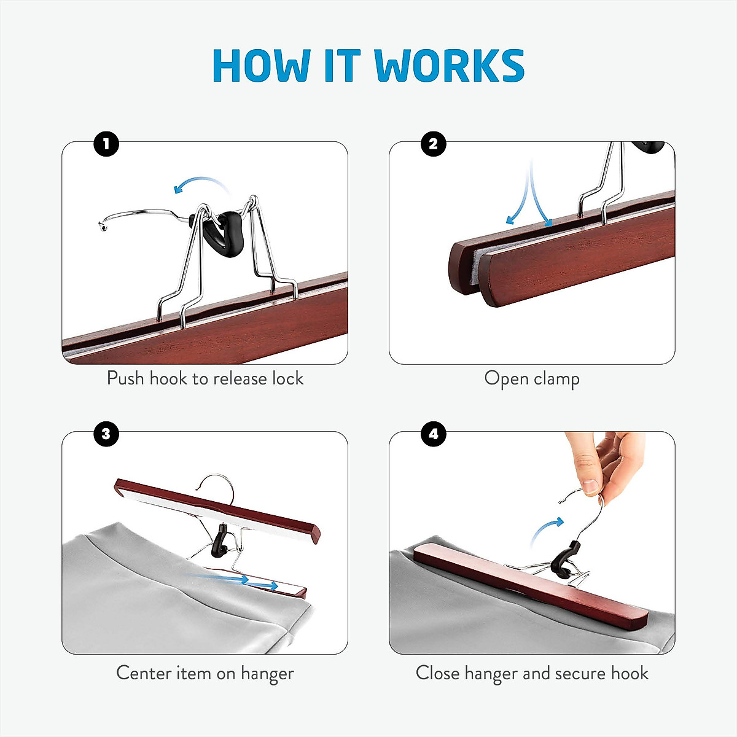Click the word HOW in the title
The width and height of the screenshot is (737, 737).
click(262, 65)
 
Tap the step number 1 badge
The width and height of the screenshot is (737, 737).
click(106, 144)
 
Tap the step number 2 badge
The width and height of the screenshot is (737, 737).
click(433, 144)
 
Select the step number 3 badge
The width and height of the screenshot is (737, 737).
click(106, 434)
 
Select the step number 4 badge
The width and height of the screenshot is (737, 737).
click(433, 434)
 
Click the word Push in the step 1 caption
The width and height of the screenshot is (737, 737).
click(126, 378)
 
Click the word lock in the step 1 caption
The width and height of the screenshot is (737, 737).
click(287, 378)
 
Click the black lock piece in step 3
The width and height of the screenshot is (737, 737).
click(219, 540)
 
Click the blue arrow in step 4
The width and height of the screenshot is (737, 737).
click(547, 528)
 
